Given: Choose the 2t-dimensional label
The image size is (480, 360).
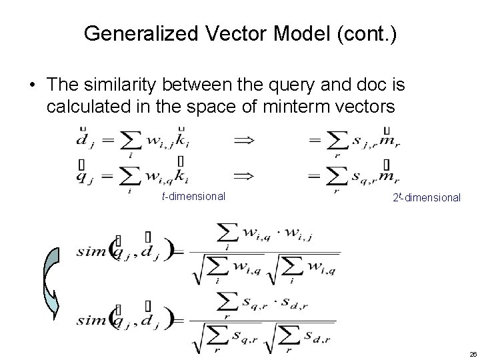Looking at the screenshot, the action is coord(427,197).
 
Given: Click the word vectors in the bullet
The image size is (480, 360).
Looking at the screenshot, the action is coord(364,108).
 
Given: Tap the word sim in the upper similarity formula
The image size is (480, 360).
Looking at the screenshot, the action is coord(91,251).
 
